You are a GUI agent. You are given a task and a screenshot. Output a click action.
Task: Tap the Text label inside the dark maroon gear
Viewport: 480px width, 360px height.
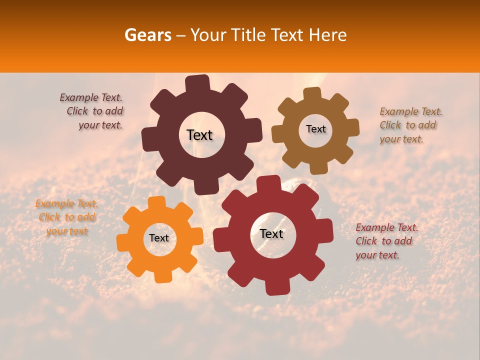(199, 135)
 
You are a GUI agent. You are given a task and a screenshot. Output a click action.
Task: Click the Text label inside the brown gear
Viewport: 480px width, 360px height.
(315, 129)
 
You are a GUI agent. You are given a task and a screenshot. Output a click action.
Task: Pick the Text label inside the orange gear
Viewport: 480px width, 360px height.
(159, 238)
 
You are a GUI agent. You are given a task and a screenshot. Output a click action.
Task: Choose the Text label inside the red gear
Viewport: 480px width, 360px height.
(271, 233)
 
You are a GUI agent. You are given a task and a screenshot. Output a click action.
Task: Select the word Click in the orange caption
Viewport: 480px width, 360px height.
(49, 217)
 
